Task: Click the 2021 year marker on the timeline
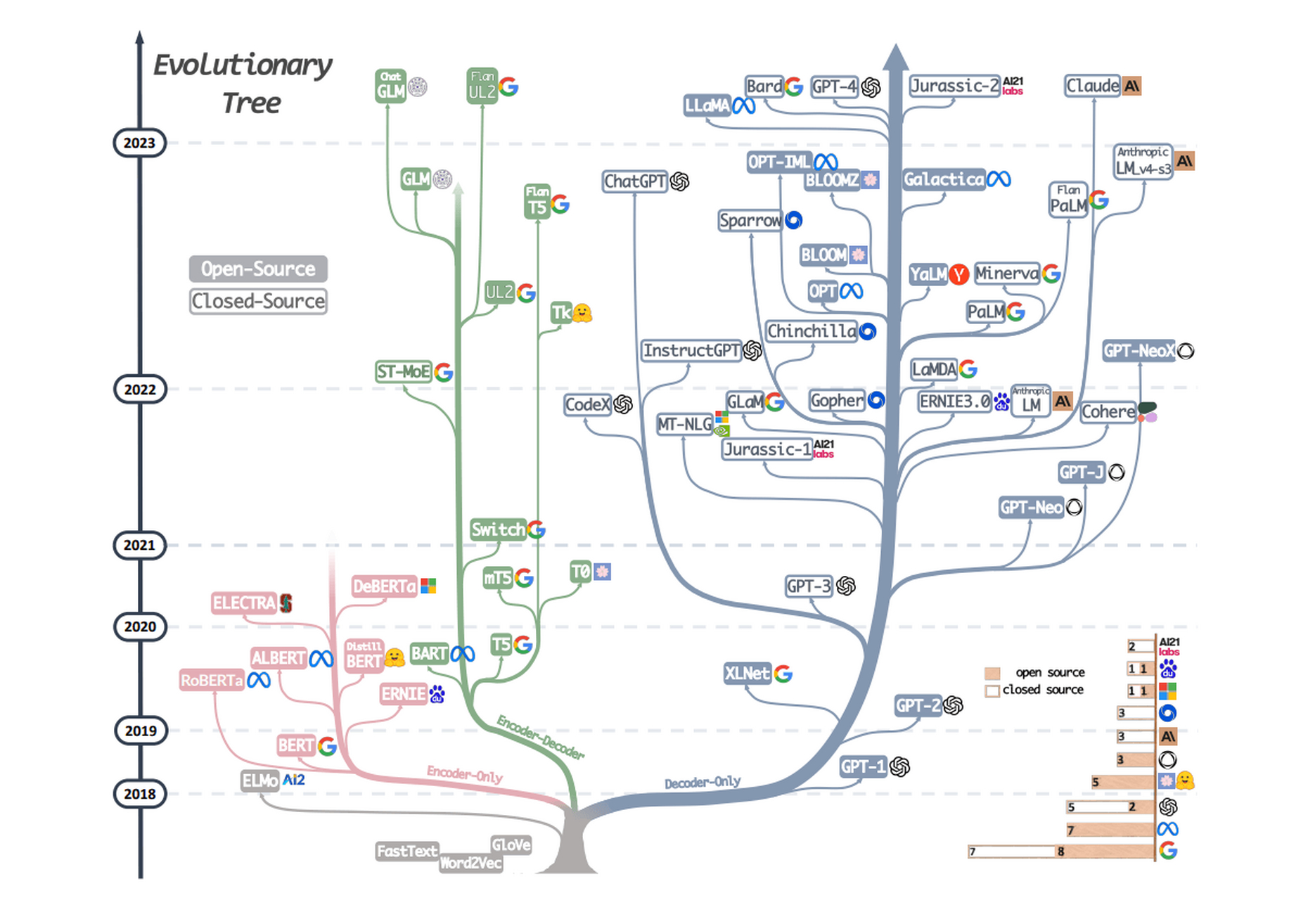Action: [x=139, y=545]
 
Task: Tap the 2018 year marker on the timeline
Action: [x=139, y=794]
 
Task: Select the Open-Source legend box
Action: [x=258, y=269]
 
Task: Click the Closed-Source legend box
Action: [x=258, y=301]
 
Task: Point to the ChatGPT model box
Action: [x=635, y=181]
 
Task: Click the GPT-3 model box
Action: [x=809, y=586]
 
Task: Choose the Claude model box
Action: [x=1092, y=86]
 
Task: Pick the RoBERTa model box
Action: [x=212, y=681]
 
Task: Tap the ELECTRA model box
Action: [x=244, y=603]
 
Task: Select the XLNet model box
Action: [x=747, y=674]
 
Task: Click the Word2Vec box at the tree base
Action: [x=470, y=863]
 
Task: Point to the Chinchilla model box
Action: [x=812, y=331]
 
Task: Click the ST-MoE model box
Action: [x=403, y=371]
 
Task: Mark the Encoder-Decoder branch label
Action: [x=540, y=738]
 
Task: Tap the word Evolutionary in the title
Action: [x=243, y=65]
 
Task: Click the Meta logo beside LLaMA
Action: [x=744, y=106]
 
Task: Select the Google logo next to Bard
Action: [x=794, y=86]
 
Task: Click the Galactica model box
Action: [x=943, y=179]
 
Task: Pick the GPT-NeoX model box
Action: [x=1139, y=351]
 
